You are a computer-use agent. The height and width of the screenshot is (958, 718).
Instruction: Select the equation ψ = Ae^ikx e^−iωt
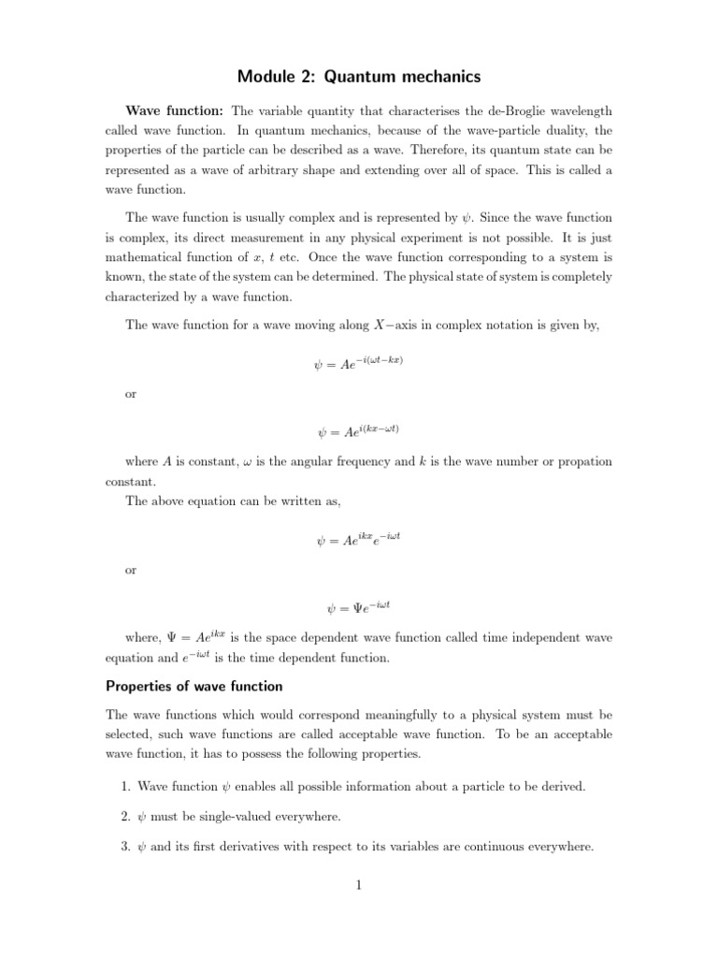359,538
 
